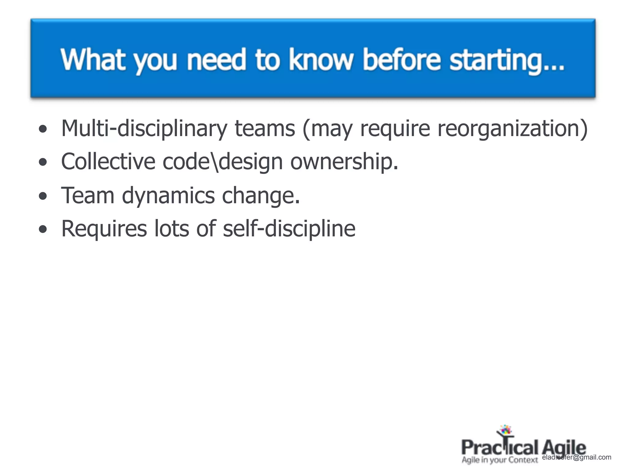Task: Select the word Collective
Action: pyautogui.click(x=108, y=162)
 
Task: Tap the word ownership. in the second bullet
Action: pyautogui.click(x=344, y=162)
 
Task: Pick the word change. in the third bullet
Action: pyautogui.click(x=261, y=196)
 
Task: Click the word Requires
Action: pyautogui.click(x=104, y=229)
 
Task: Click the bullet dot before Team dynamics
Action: pyautogui.click(x=43, y=196)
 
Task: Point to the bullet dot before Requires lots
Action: pyautogui.click(x=43, y=229)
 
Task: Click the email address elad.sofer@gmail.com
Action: pyautogui.click(x=577, y=458)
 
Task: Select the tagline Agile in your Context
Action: pyautogui.click(x=500, y=460)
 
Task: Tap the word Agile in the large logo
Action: pyautogui.click(x=564, y=448)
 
